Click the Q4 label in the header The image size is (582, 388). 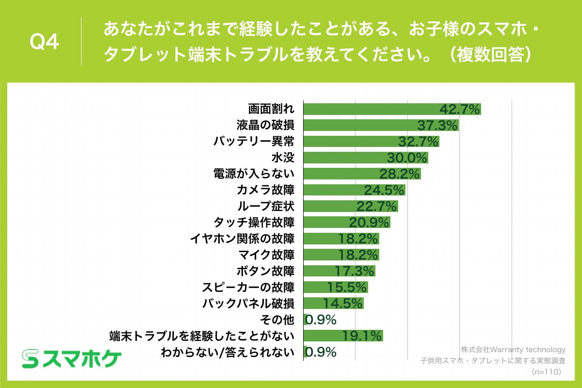pos(44,43)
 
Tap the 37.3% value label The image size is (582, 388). pos(437,126)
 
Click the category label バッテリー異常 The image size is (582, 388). pos(254,142)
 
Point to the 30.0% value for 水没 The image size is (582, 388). pos(407,158)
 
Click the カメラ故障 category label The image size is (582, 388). pos(266,190)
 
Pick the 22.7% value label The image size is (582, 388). pos(377,206)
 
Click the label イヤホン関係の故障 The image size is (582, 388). pos(242,239)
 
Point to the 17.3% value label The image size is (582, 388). pos(355,271)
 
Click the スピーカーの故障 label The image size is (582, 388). pos(248,287)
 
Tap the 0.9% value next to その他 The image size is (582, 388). pos(321,320)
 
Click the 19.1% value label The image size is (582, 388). pos(362,336)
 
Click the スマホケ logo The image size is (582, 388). pos(71,359)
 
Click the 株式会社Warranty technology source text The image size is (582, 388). pos(513,350)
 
